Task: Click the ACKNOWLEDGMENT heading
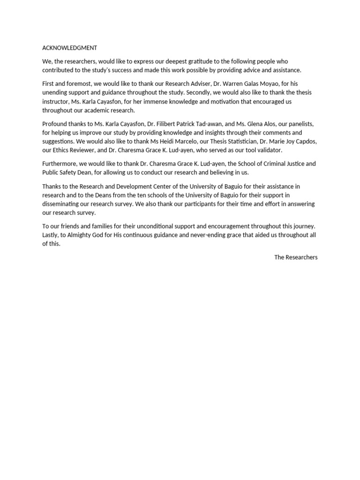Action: [x=69, y=48]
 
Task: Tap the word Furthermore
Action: [x=59, y=164]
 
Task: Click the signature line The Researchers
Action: [x=296, y=257]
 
